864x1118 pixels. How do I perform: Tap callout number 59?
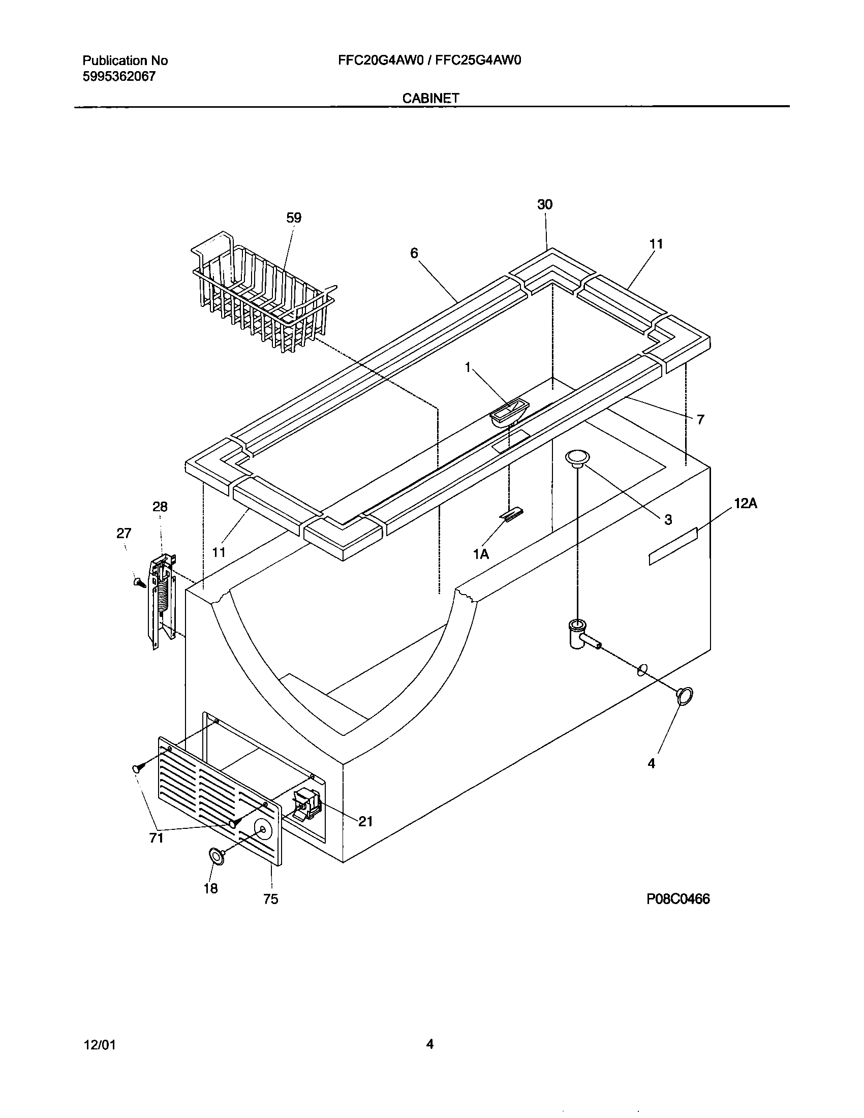point(294,218)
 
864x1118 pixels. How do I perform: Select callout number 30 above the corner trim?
point(545,205)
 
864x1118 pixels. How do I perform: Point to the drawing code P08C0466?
point(677,899)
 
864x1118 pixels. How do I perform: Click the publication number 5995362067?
point(119,77)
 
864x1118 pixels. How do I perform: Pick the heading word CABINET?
point(430,98)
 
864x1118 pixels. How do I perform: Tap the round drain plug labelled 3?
point(577,458)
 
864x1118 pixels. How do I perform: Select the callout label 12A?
point(745,504)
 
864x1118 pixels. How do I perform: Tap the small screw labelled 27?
point(138,582)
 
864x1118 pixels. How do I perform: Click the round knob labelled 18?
point(217,856)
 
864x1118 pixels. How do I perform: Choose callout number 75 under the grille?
point(271,899)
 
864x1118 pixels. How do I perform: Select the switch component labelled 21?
point(307,811)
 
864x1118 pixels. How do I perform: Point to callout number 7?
point(700,420)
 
